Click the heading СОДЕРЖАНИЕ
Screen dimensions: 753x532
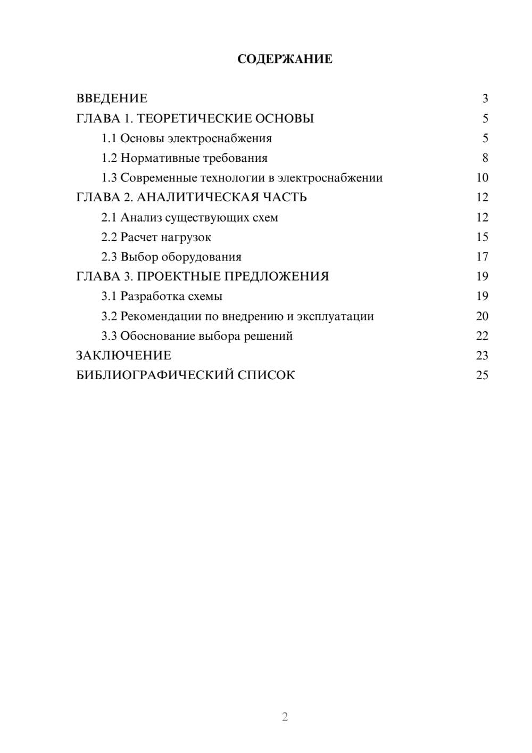(x=285, y=59)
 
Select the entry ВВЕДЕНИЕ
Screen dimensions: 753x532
(x=112, y=99)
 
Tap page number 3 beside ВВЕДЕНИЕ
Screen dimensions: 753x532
(x=485, y=99)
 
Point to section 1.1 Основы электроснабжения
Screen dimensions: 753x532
(x=187, y=138)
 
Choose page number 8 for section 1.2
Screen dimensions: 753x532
(x=485, y=158)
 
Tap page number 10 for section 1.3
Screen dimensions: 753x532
(x=482, y=178)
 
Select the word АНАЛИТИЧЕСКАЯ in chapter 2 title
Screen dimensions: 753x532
(x=197, y=198)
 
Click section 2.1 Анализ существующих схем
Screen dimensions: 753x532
(x=190, y=217)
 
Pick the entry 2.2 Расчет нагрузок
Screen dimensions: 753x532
(x=156, y=237)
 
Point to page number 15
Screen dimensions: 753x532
(x=482, y=237)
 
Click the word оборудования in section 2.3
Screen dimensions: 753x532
(x=202, y=257)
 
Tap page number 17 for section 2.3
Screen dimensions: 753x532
(x=482, y=257)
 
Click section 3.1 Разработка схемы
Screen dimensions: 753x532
(x=162, y=296)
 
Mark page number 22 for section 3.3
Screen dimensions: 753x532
(x=482, y=336)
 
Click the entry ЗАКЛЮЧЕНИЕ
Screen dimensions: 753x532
(x=124, y=356)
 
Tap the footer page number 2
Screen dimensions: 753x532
(x=285, y=717)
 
